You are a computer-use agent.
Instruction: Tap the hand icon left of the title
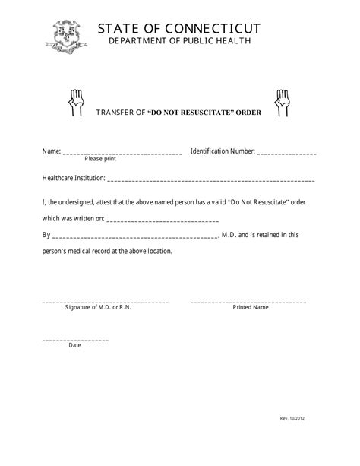pos(76,102)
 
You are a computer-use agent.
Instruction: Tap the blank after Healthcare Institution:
pos(211,180)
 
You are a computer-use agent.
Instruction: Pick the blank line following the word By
pos(135,236)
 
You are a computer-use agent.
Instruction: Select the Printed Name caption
pos(250,308)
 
